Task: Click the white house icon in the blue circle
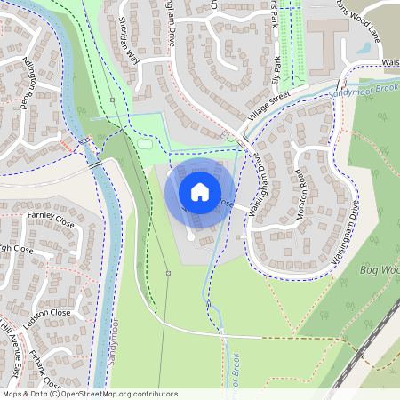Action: [x=200, y=191]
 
